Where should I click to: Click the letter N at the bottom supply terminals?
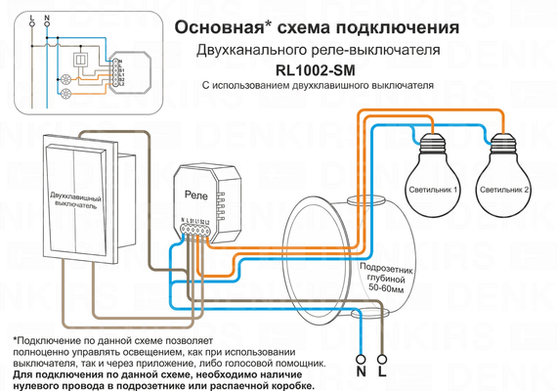[361, 372]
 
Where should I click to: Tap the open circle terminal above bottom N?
[361, 356]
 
